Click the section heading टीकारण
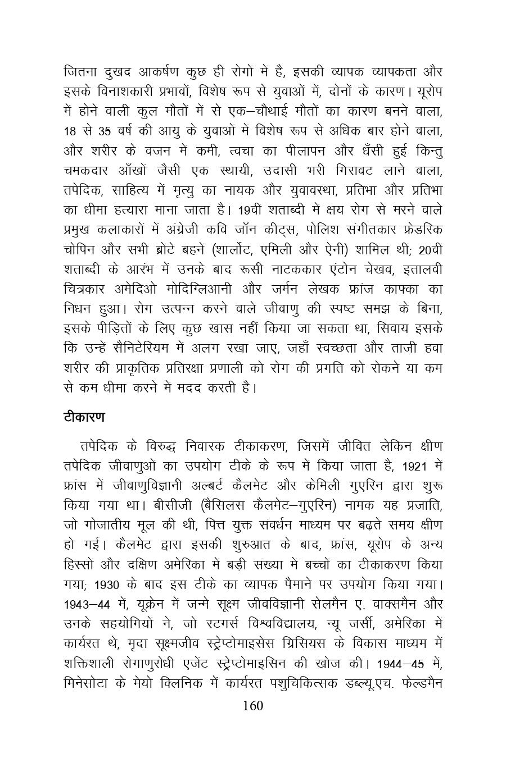pos(84,418)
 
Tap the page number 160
pos(252,706)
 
